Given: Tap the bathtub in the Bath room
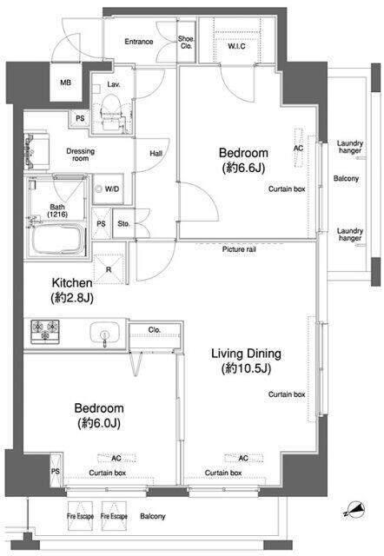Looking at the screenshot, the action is (58, 240).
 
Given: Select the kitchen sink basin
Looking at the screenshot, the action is (104, 333).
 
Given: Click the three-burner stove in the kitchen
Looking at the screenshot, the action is (45, 331).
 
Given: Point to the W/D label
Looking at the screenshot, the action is (112, 189).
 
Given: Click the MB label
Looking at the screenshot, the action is (66, 83).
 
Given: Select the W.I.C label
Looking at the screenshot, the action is (236, 46).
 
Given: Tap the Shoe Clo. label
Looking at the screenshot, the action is (186, 43).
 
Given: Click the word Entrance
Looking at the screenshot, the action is (139, 42).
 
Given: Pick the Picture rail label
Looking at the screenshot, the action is (239, 249).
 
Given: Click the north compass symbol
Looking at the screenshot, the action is (355, 510).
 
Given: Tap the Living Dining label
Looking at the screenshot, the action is (246, 354).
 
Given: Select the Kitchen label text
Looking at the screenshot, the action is (72, 283).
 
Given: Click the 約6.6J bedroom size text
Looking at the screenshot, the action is (243, 168).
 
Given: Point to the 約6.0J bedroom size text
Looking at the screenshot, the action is (99, 423).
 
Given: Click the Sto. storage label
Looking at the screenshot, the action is (123, 224).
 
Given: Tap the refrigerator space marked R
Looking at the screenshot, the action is (109, 269).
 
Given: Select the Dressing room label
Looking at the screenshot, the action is (81, 155).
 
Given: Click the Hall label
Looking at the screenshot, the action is (156, 154).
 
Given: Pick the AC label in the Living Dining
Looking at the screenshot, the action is (243, 458).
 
